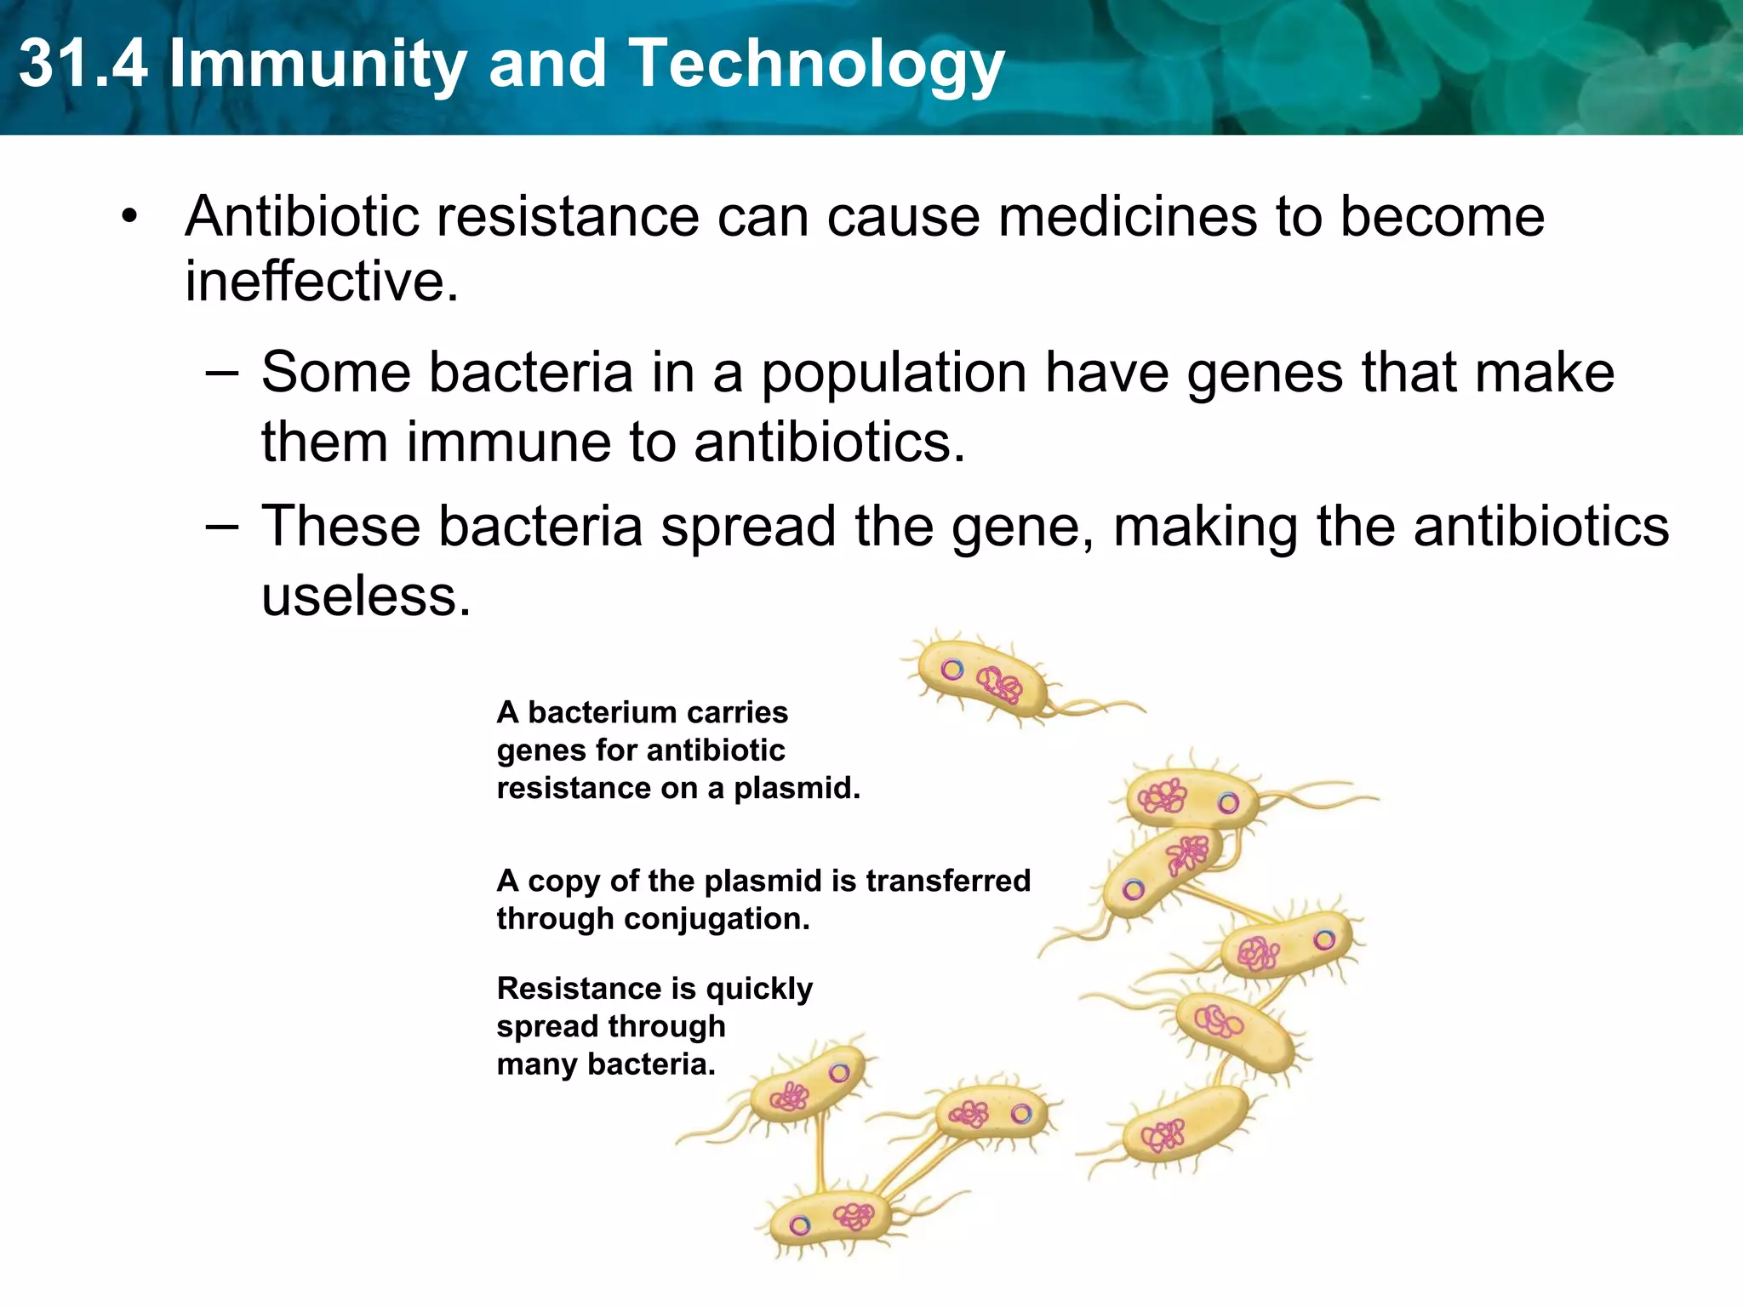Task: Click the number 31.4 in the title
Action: click(x=83, y=64)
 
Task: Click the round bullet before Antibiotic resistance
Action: click(x=129, y=216)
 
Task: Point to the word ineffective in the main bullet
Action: click(x=321, y=282)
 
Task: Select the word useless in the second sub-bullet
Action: click(x=365, y=596)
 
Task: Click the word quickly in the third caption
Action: click(x=759, y=989)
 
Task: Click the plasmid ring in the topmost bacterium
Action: click(x=952, y=670)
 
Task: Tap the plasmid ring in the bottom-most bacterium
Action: click(x=799, y=1225)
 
